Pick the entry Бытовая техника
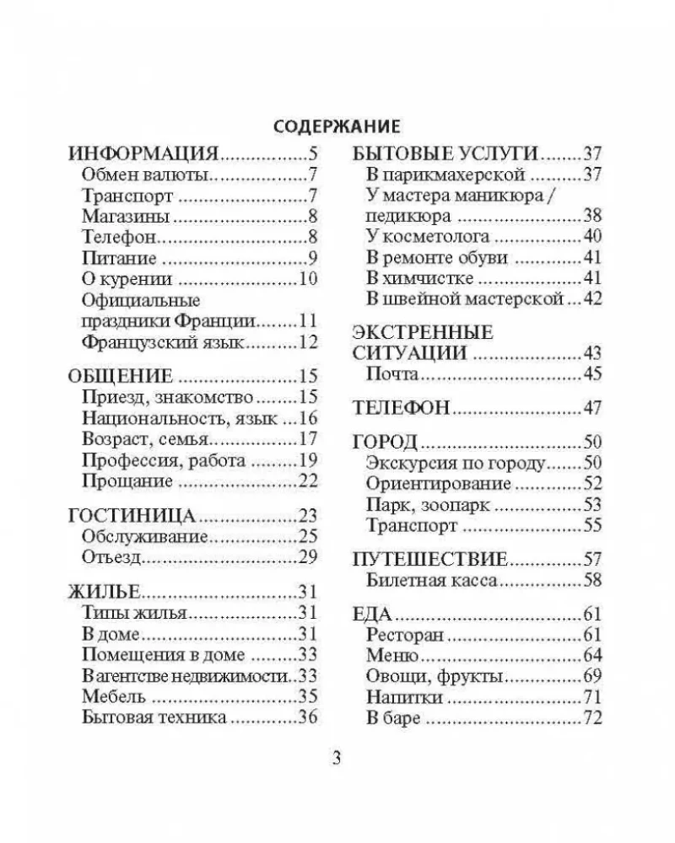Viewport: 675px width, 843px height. (154, 717)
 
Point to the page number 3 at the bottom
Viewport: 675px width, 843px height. (337, 757)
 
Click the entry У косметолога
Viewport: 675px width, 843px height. (429, 236)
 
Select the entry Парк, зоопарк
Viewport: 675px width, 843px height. (429, 505)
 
